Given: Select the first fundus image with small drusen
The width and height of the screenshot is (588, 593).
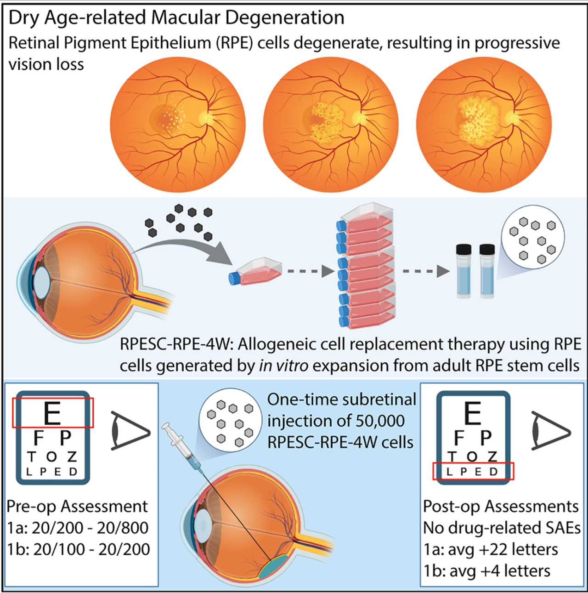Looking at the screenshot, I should click(177, 125).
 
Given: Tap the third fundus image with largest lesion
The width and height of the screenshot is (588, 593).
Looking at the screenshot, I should click(484, 125).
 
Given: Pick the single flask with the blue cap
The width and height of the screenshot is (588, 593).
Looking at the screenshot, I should click(255, 272).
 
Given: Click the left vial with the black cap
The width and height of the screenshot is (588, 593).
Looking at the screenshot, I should click(464, 271).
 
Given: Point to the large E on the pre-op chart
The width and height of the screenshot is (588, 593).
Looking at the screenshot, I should click(52, 413).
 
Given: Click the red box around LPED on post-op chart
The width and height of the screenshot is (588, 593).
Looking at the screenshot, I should click(473, 472).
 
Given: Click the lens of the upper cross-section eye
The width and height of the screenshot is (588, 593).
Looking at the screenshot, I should click(42, 281).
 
